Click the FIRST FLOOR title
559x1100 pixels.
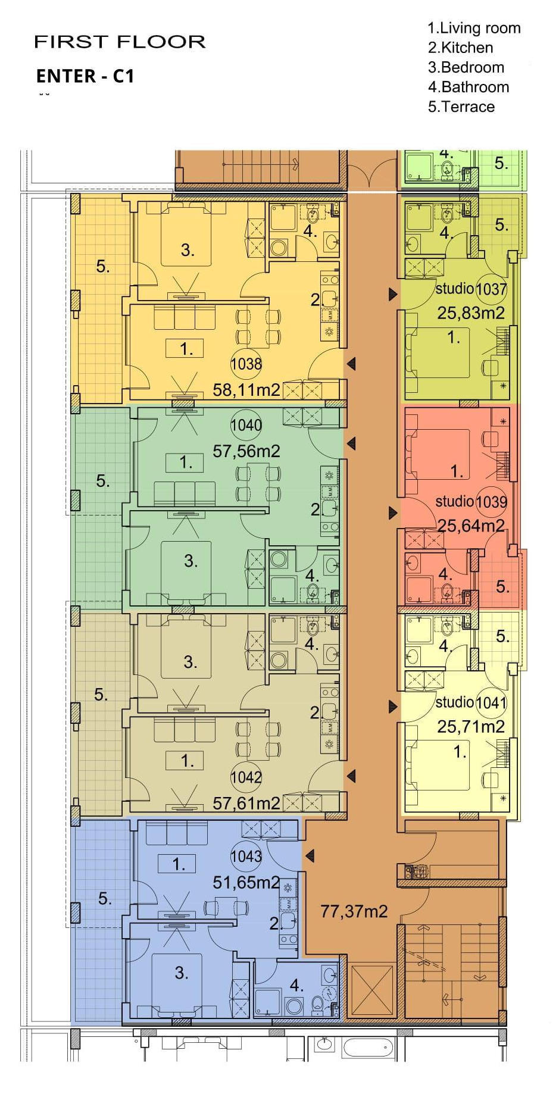click(x=120, y=42)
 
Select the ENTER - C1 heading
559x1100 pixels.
click(x=85, y=76)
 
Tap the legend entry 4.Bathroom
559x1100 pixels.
click(x=469, y=87)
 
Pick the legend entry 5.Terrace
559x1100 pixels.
click(x=461, y=107)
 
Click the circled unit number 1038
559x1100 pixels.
click(x=246, y=363)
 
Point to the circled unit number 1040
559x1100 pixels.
click(x=246, y=425)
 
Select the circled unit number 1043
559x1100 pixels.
click(x=246, y=856)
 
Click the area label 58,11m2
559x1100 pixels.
click(x=246, y=390)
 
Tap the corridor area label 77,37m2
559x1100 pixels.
click(x=354, y=911)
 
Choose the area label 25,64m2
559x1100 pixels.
click(x=471, y=526)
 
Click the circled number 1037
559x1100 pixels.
click(x=491, y=289)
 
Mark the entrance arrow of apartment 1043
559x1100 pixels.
click(x=309, y=855)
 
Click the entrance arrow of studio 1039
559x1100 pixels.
click(x=393, y=512)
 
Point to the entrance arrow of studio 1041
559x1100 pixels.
click(x=393, y=707)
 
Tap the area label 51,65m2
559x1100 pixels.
click(x=246, y=882)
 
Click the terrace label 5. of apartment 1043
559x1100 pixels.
click(x=105, y=899)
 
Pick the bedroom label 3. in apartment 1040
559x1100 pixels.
click(x=191, y=561)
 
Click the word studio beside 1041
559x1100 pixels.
click(x=455, y=702)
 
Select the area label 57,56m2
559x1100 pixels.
click(x=246, y=451)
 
